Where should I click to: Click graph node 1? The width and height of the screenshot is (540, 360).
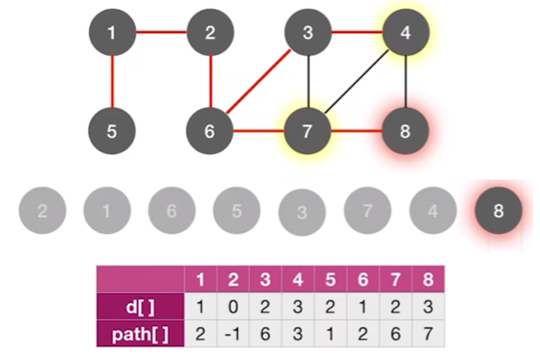112,33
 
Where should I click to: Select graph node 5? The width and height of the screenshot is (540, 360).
112,131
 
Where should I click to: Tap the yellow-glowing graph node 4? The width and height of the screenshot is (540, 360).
406,33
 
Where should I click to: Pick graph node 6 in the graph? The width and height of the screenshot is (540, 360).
210,131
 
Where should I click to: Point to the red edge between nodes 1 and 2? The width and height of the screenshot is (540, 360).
161,33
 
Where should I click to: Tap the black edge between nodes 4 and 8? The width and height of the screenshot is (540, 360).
406,82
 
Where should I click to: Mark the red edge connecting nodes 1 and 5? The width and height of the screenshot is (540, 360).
112,82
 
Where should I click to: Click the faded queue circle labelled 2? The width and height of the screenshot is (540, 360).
42,211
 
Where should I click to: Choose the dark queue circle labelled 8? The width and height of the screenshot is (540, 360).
498,211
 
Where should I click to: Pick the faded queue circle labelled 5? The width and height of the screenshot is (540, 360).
236,211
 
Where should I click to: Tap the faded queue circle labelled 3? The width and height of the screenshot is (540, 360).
302,212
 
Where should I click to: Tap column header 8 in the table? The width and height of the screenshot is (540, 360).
428,280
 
